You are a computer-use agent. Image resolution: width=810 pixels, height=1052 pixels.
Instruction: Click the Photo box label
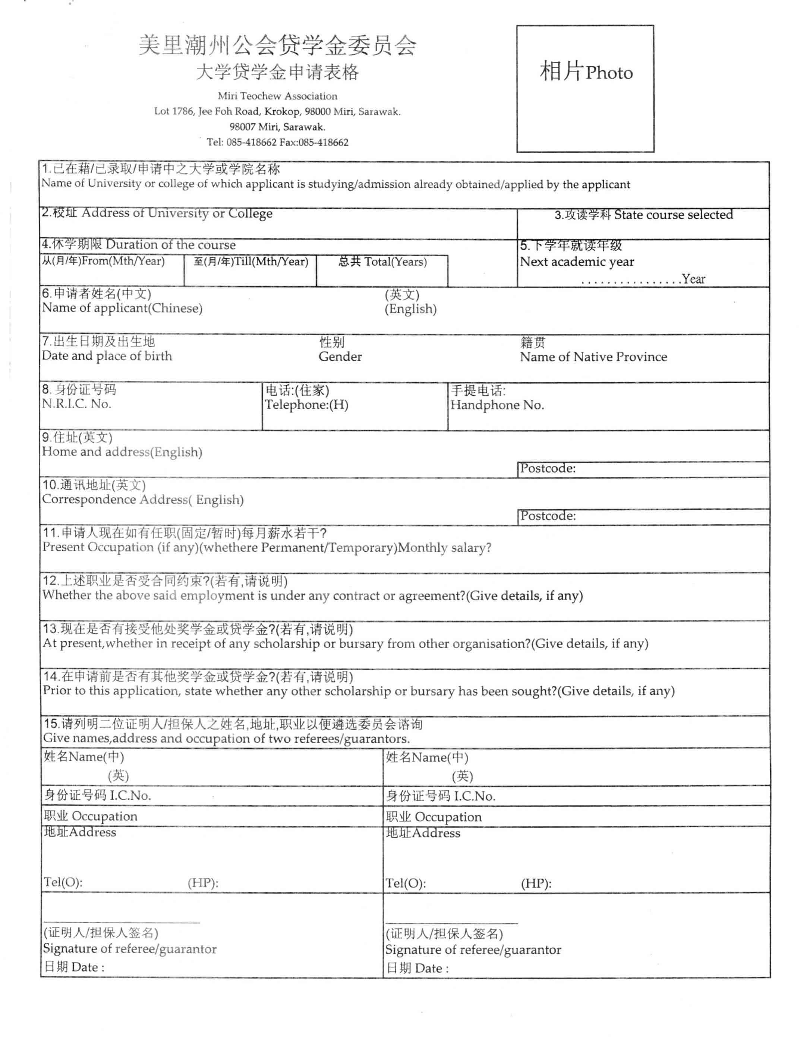pyautogui.click(x=586, y=72)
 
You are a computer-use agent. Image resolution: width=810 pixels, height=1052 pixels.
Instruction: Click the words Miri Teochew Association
pyautogui.click(x=277, y=96)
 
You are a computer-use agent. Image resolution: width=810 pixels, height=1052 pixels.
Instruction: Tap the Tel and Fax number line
pyautogui.click(x=277, y=142)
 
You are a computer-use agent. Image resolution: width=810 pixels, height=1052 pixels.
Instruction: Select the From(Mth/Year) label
pyautogui.click(x=103, y=262)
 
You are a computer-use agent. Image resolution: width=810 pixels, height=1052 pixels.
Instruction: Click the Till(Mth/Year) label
pyautogui.click(x=250, y=262)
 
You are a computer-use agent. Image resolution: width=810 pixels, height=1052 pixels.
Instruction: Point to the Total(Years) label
pyautogui.click(x=382, y=262)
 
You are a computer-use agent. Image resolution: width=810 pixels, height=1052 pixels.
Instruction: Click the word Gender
pyautogui.click(x=340, y=357)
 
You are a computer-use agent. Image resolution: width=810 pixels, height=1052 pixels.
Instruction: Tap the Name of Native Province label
pyautogui.click(x=593, y=357)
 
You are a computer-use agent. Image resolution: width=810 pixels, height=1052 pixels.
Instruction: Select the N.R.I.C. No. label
pyautogui.click(x=76, y=404)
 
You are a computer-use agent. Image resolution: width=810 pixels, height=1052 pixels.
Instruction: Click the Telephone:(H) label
pyautogui.click(x=306, y=405)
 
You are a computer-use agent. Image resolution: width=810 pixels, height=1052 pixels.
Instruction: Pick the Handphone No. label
pyautogui.click(x=497, y=405)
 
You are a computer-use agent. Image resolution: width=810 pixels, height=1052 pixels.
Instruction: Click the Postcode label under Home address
pyautogui.click(x=547, y=468)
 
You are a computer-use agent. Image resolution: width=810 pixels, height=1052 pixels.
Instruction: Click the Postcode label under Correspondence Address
pyautogui.click(x=547, y=516)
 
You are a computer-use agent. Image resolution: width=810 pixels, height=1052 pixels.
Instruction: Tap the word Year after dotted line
pyautogui.click(x=693, y=279)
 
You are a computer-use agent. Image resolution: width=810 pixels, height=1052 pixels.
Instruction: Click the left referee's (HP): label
pyautogui.click(x=202, y=883)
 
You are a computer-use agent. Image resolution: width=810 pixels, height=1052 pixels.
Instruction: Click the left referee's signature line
pyautogui.click(x=122, y=923)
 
